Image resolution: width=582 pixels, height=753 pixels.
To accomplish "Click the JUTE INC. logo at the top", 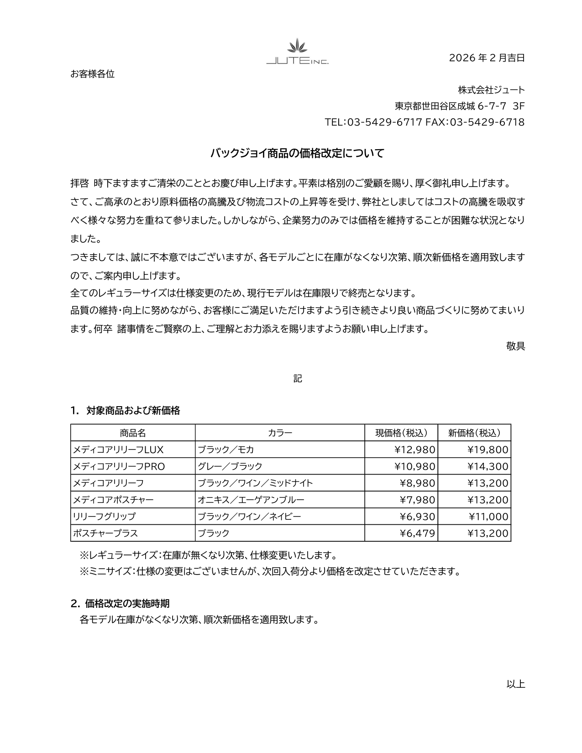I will click(297, 53).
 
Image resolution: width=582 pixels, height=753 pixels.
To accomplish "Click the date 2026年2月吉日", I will click(487, 58).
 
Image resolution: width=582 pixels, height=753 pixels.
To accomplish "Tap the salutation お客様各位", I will click(93, 74).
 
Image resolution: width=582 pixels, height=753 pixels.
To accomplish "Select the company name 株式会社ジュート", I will click(491, 90).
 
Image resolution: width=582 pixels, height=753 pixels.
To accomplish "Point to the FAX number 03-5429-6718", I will click(487, 122).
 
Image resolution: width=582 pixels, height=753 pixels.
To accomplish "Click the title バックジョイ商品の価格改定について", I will click(297, 153).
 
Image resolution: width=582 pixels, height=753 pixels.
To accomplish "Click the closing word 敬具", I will click(515, 346).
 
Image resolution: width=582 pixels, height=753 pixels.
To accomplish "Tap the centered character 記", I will click(297, 378).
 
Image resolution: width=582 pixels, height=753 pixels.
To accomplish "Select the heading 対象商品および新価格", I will click(133, 411).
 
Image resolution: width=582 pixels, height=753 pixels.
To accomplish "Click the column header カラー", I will click(280, 433).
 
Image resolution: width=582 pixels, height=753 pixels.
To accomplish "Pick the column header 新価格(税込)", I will click(474, 433).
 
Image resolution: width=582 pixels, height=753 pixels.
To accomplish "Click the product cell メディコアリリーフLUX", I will click(118, 450).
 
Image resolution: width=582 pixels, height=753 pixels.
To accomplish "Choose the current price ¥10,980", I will click(414, 466).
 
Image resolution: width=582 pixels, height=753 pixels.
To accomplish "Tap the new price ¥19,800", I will click(488, 450).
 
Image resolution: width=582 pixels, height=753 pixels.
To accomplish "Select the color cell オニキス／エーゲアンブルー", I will click(251, 500).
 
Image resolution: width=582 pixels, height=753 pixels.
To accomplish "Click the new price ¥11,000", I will click(488, 517).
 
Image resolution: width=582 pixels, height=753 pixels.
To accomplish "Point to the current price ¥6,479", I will click(417, 533).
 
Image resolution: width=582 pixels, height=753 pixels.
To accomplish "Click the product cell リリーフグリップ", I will click(104, 517).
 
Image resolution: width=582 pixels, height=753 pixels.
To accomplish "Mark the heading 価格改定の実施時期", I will click(127, 603).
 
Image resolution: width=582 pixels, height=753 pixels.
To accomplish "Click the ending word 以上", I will click(515, 684).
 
